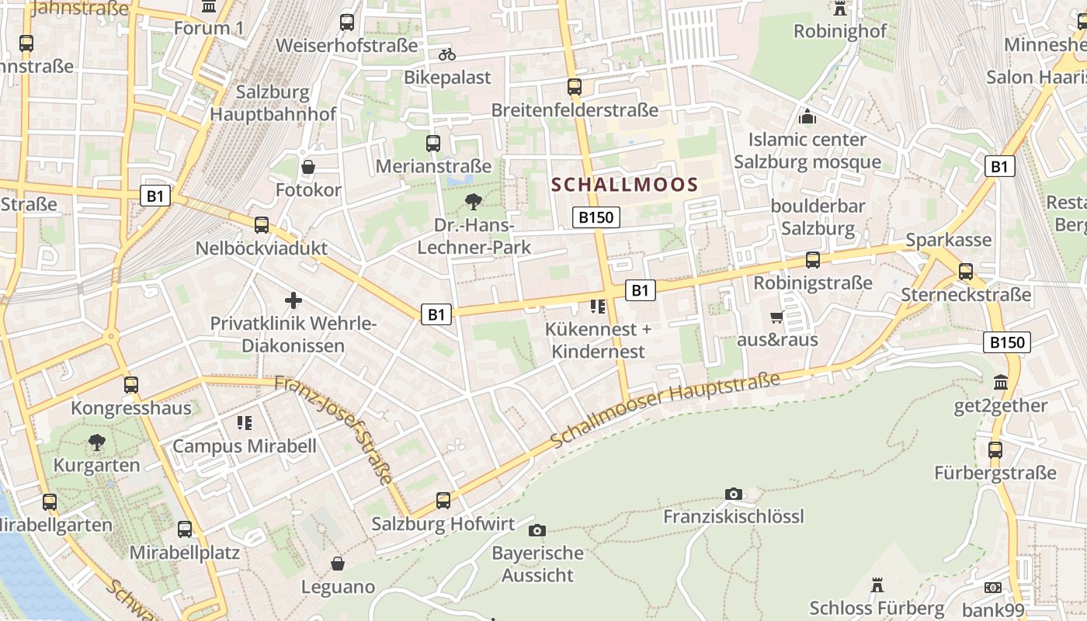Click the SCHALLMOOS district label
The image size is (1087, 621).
coord(625,185)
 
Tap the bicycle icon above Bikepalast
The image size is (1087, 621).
coord(446,54)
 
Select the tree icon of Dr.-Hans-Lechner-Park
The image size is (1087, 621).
coord(473,203)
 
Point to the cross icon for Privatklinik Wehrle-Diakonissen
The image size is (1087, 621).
coord(293,300)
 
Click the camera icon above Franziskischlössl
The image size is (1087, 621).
coord(733,494)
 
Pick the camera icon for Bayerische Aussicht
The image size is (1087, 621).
coord(537,531)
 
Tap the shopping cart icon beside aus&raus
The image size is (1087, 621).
coord(776,317)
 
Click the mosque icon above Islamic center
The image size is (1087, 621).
coord(807,117)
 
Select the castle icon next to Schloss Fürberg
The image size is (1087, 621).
coord(877,585)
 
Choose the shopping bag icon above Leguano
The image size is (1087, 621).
coord(338,563)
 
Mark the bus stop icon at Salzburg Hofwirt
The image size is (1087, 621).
coord(443,501)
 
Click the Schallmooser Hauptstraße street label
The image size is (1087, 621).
coord(665,410)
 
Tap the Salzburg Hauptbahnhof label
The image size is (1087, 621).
coord(273,102)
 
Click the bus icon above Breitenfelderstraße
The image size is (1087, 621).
coord(575,87)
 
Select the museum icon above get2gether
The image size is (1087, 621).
coord(1001,383)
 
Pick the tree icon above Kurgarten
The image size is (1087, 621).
coord(97,442)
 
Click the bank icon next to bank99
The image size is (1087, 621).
coord(992,588)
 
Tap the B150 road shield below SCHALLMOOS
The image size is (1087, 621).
coord(596,217)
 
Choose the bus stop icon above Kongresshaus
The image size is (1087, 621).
coord(131,385)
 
